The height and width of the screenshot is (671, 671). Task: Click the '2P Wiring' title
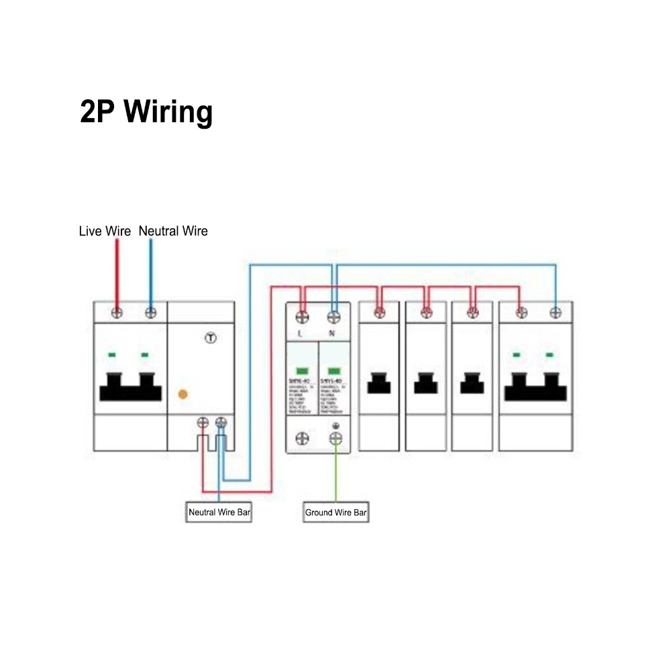click(x=146, y=111)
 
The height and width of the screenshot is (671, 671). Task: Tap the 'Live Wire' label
click(x=105, y=231)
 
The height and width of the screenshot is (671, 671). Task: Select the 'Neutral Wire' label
click(x=173, y=231)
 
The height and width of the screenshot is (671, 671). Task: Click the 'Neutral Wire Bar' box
click(x=219, y=513)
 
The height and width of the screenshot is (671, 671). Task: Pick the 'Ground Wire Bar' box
click(x=335, y=513)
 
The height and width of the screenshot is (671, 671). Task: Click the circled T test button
click(x=210, y=338)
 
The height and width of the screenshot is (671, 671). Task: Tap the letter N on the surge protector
click(x=331, y=333)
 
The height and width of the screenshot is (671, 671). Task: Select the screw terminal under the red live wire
click(x=117, y=312)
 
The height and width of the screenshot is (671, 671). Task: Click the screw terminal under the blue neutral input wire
click(x=151, y=312)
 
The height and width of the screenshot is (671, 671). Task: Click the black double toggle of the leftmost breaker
click(x=130, y=386)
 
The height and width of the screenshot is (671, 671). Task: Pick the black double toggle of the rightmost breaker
click(x=535, y=386)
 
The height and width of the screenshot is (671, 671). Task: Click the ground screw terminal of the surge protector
click(x=335, y=438)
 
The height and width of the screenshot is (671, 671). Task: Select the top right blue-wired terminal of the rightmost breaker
click(x=555, y=312)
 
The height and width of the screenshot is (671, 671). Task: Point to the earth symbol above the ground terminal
click(x=335, y=427)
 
